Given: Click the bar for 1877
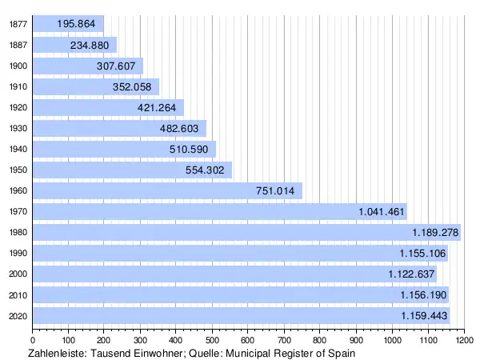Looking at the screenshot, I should click(68, 24).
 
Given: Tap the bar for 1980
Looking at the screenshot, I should click(240, 232).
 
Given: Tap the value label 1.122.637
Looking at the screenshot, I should click(411, 274).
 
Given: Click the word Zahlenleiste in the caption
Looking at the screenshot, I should click(56, 353).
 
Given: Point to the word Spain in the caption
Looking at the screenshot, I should click(338, 353).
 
